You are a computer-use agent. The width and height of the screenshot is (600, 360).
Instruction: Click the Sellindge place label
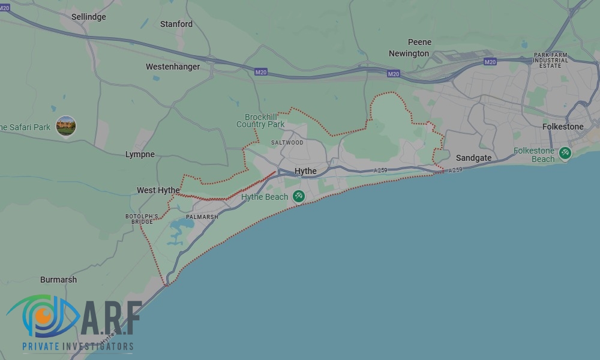click(88, 17)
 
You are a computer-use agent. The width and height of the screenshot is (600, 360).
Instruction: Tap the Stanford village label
click(176, 24)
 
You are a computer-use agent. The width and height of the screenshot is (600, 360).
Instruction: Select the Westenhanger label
click(173, 67)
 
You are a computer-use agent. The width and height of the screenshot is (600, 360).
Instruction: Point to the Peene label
click(419, 42)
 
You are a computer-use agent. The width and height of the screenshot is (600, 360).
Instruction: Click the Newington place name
click(409, 53)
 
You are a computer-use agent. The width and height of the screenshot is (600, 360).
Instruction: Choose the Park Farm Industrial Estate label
click(551, 60)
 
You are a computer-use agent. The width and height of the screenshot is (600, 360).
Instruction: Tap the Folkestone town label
click(563, 127)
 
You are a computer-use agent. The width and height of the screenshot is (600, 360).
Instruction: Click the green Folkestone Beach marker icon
click(565, 153)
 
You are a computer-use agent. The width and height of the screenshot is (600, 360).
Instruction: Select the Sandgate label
click(473, 158)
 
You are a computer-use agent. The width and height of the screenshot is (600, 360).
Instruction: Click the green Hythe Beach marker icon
click(298, 196)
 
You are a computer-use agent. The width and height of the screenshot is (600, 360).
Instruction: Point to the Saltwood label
click(287, 143)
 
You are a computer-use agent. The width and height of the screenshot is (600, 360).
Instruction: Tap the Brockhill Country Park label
click(260, 121)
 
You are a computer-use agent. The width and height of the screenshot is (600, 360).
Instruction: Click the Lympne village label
click(140, 154)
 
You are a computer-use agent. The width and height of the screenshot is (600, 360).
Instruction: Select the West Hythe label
click(158, 190)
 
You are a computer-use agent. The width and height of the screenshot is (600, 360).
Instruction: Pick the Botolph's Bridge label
click(142, 218)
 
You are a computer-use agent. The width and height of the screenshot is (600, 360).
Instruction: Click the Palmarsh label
click(202, 217)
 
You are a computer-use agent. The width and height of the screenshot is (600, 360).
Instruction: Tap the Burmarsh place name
click(58, 280)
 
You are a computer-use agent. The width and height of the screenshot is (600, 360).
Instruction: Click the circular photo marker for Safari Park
click(66, 126)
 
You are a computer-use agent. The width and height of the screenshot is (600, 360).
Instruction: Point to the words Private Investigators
click(78, 346)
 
